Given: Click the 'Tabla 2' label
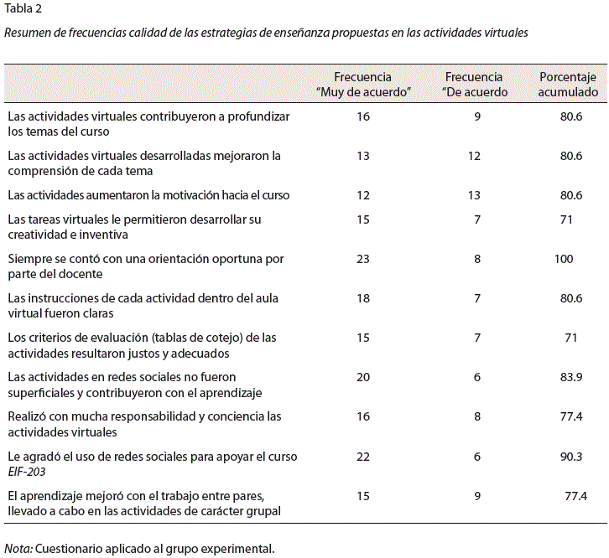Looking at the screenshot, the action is tap(23, 8).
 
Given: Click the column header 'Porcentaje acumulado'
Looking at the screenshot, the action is tap(568, 85).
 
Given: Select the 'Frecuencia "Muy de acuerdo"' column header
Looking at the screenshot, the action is tap(363, 85).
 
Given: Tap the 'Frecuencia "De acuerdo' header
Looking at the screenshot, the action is tap(474, 85).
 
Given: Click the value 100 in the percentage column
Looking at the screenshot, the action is tap(564, 259).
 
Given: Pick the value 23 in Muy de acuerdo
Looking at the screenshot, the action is tap(363, 259).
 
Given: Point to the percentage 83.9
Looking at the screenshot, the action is tap(571, 377).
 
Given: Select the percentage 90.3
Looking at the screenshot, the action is tap(571, 457).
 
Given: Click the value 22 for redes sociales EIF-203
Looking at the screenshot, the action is tap(363, 457).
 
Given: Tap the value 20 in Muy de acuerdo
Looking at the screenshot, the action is tap(363, 377).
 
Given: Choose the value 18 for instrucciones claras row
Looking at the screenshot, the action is tap(363, 298).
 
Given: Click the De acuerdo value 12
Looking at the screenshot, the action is tap(474, 156).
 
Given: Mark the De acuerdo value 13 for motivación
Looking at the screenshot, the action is tap(474, 194).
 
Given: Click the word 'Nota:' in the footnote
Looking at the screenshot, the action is tap(18, 549).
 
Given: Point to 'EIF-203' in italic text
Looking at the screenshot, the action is tap(27, 472).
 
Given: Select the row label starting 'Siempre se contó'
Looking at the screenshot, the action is tap(146, 266).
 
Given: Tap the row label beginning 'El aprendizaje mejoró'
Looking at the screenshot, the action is tap(144, 504).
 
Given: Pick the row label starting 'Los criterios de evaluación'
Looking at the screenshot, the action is tap(142, 345).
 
